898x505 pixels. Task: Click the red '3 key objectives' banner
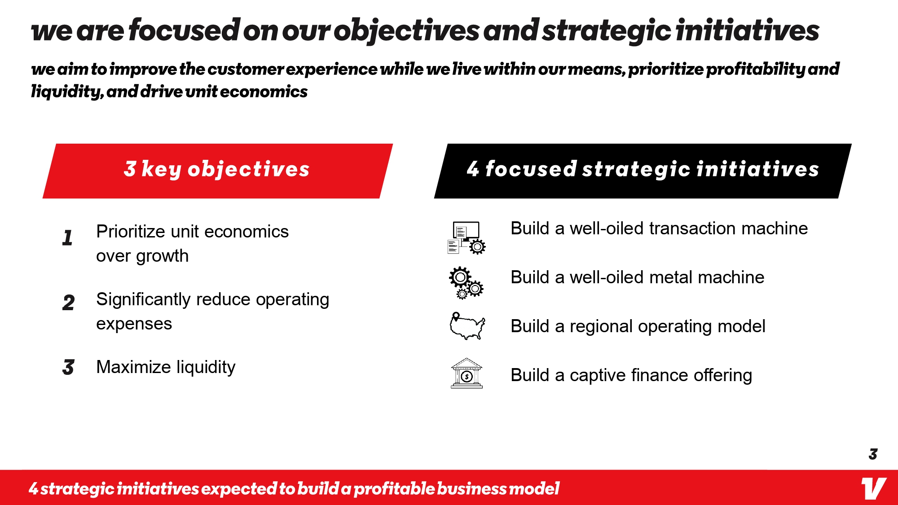point(218,171)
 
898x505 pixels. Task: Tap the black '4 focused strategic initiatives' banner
point(643,171)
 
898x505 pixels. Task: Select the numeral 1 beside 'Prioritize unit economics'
point(68,237)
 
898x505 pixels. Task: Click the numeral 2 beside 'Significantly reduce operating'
point(69,303)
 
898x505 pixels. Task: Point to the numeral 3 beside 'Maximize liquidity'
point(68,367)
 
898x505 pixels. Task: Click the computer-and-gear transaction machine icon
point(467,238)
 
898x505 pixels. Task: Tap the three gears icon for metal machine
point(467,283)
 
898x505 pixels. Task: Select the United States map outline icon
point(467,326)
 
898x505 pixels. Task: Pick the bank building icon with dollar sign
point(467,373)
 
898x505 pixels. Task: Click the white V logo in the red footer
point(873,488)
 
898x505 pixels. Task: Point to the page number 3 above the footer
point(873,454)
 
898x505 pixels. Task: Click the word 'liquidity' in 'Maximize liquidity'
point(206,368)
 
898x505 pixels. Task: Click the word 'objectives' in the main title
point(407,31)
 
